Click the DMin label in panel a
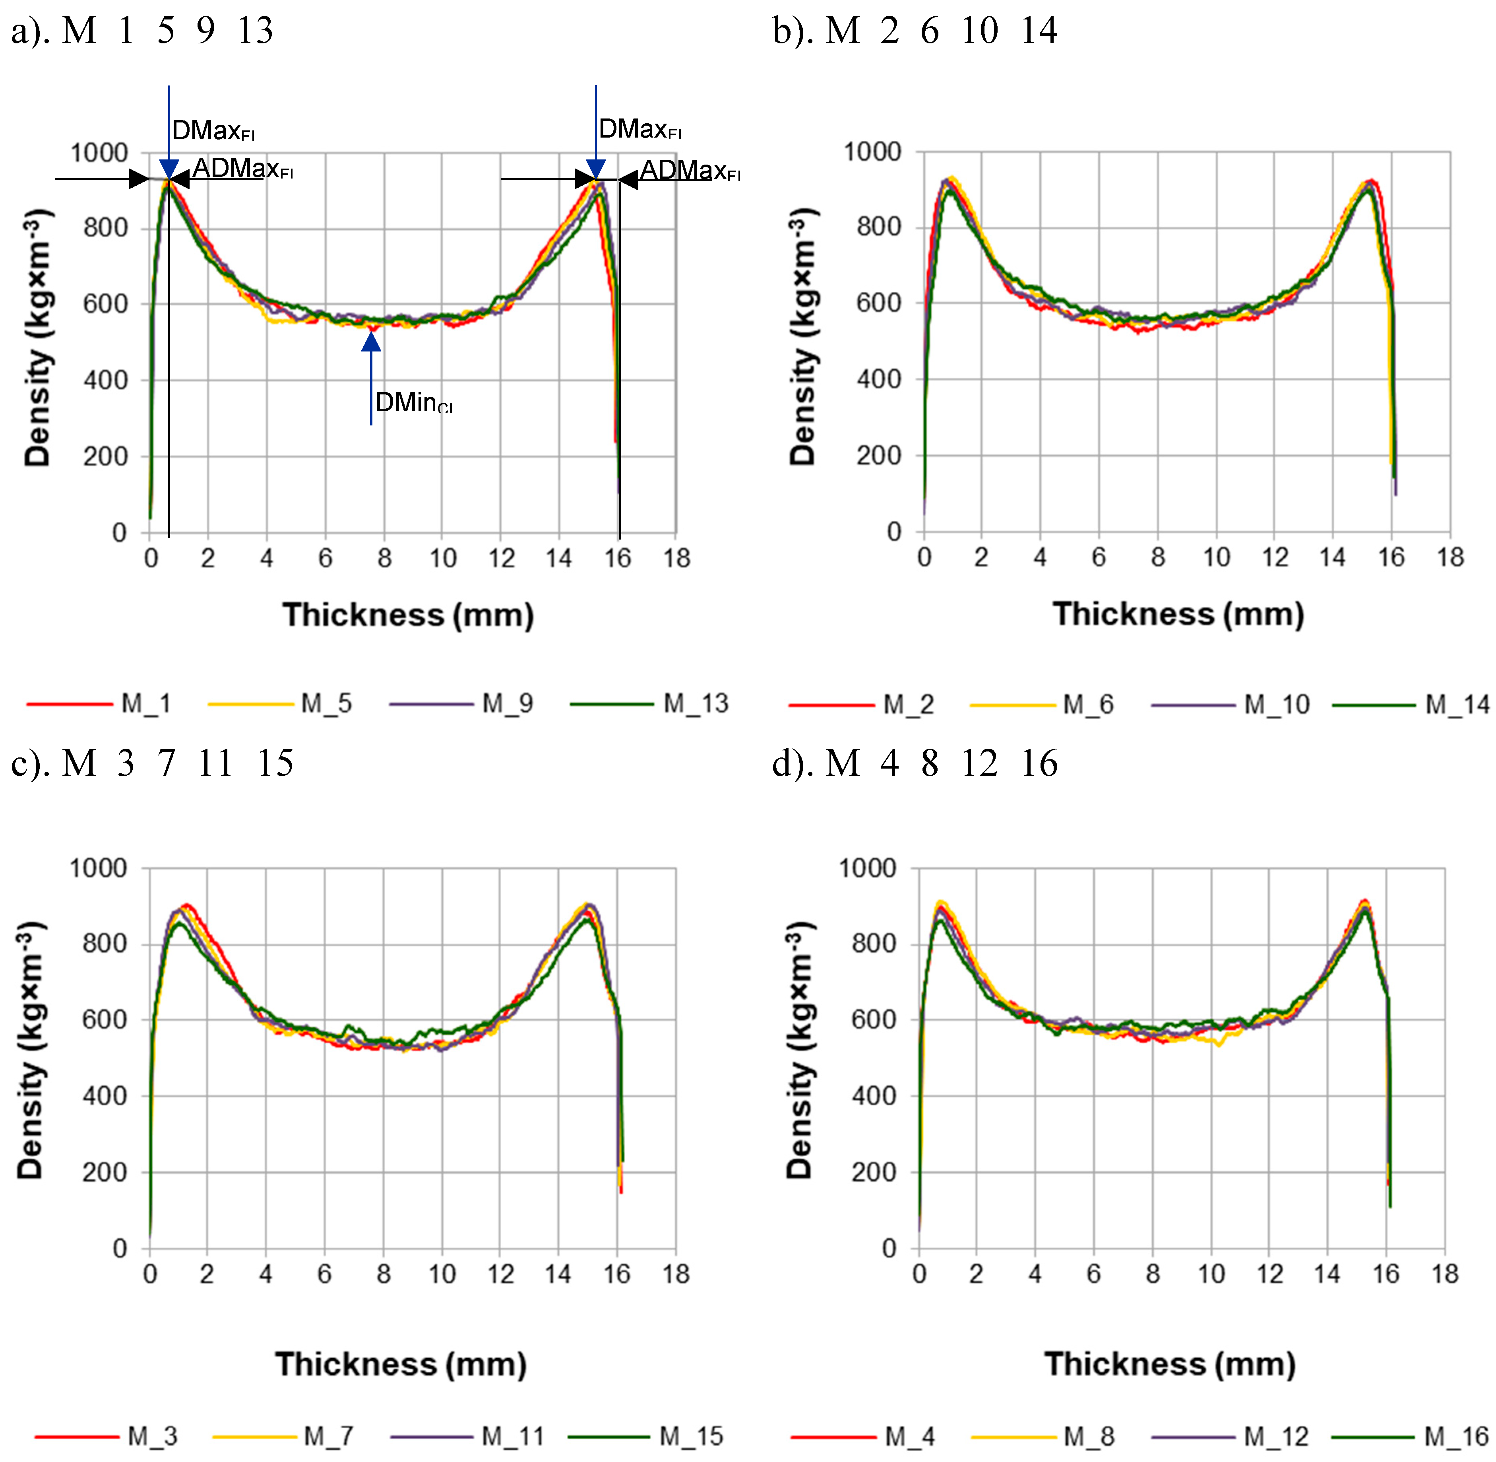click(413, 402)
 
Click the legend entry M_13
click(695, 703)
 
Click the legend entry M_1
click(146, 703)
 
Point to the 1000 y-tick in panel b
click(873, 152)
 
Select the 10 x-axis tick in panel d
click(1211, 1274)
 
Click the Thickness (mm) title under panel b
click(1178, 614)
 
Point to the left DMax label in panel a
click(213, 130)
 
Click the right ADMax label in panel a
click(689, 171)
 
